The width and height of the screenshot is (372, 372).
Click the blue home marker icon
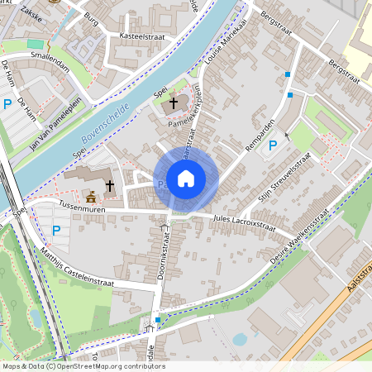[186, 178]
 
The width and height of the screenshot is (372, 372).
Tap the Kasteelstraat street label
[141, 37]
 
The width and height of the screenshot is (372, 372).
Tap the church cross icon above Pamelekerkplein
[173, 103]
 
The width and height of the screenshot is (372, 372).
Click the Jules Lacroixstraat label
[244, 221]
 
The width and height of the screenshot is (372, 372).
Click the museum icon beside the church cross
[91, 196]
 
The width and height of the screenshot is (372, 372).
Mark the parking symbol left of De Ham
[7, 104]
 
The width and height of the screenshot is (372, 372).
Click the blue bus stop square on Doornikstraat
[157, 319]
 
